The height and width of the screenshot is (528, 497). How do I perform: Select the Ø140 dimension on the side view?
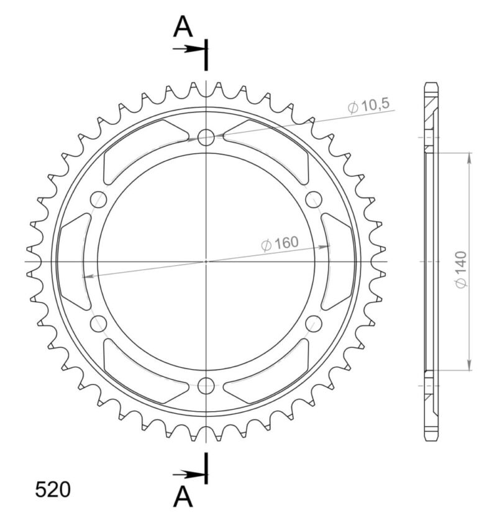coord(462,270)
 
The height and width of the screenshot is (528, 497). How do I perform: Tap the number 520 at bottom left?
coord(52,489)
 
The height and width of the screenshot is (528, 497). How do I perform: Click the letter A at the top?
coord(182,27)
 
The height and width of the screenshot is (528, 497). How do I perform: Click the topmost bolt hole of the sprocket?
coord(206,137)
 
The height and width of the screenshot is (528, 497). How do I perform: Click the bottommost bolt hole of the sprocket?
coord(206,386)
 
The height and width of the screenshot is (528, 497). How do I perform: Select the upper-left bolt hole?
coord(98,199)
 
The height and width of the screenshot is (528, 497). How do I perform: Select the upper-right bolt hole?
coord(314,199)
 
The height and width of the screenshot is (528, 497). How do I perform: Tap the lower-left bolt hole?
coord(98,324)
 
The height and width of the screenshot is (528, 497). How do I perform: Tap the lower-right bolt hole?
coord(314,324)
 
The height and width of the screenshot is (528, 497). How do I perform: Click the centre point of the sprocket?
coord(206,262)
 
